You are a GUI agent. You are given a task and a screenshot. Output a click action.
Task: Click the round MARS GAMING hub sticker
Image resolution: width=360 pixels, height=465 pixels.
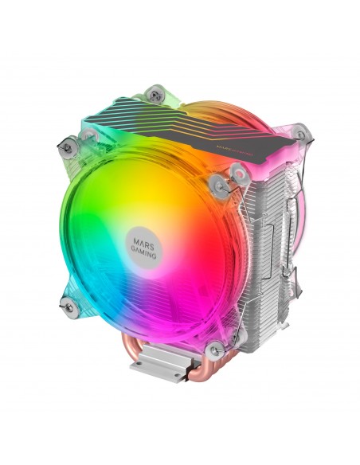[146, 238]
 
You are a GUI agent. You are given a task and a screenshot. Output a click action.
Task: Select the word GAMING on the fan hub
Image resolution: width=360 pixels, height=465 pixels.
[146, 244]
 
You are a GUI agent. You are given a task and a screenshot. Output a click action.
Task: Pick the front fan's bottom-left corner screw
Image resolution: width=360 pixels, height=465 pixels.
[68, 300]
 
